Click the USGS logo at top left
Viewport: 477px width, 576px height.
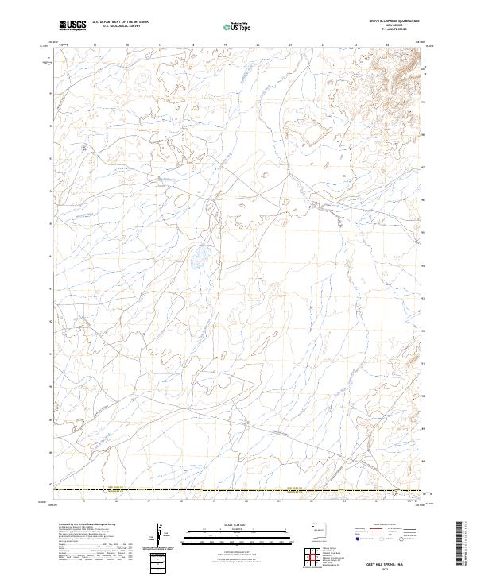coord(72,26)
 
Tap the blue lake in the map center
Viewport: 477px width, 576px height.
coord(199,256)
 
